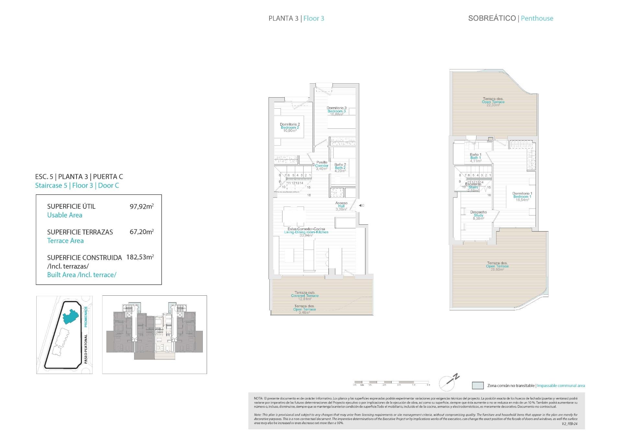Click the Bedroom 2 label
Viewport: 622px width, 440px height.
(x=290, y=127)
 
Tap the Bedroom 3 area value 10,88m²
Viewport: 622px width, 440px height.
(x=337, y=114)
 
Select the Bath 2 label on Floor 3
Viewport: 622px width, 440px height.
(x=340, y=168)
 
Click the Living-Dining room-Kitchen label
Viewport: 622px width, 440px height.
(x=306, y=232)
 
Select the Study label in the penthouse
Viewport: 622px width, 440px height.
(x=478, y=215)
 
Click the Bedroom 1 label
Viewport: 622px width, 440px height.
(x=522, y=196)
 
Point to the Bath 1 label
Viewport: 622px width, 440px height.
(x=476, y=158)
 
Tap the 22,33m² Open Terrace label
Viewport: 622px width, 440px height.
(x=493, y=102)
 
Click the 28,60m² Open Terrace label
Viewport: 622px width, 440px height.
(x=497, y=266)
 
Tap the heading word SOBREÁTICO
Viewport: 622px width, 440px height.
(x=492, y=18)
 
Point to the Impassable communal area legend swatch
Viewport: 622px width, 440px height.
(x=478, y=386)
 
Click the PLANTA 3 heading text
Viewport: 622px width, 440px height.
(x=283, y=18)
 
